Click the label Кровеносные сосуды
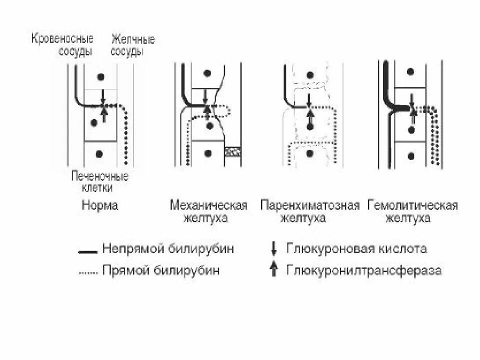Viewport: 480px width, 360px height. click(62, 45)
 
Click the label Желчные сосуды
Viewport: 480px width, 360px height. click(132, 45)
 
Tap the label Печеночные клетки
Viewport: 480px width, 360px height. click(99, 182)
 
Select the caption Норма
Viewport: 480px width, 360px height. click(99, 205)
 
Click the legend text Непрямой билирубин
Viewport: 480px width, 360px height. click(167, 248)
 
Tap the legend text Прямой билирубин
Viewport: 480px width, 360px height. click(160, 270)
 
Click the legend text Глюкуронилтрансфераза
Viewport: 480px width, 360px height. click(364, 270)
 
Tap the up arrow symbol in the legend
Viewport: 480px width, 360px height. click(273, 270)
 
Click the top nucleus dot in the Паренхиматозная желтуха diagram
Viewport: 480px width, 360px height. click(310, 75)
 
